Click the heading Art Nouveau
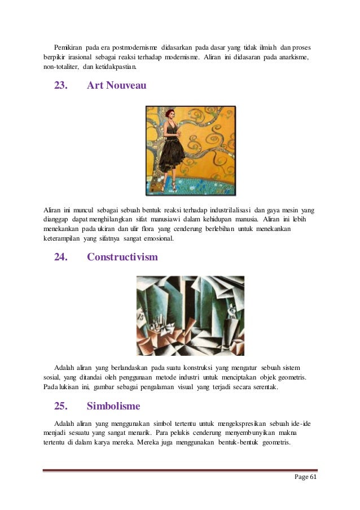[117, 86]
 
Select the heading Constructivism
[122, 257]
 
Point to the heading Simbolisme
[113, 406]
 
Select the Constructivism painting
[190, 315]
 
